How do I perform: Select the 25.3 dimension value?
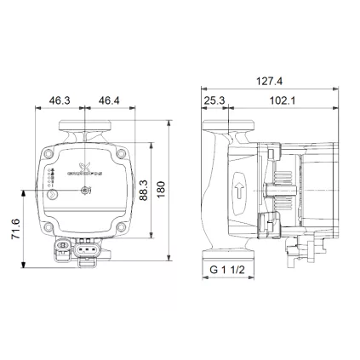[x=215, y=100]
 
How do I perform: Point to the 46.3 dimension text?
[x=59, y=100]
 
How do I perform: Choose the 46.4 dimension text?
[x=109, y=100]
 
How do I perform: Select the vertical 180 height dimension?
[x=162, y=186]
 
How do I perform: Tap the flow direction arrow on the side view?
[x=239, y=188]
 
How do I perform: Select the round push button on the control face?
[x=54, y=195]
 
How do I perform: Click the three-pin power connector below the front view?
[x=86, y=251]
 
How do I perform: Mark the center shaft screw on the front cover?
[x=85, y=191]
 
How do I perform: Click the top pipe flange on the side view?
[x=227, y=132]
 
